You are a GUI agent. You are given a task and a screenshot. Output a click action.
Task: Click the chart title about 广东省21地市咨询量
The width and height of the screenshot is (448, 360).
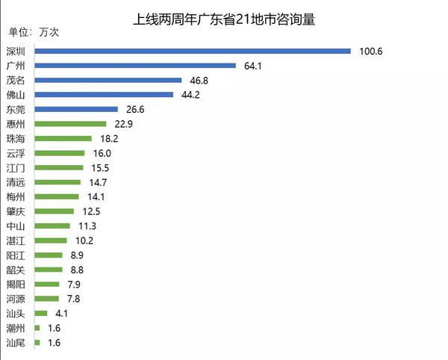(x=224, y=19)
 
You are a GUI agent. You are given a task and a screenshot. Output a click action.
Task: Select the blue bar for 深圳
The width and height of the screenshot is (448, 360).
(x=192, y=51)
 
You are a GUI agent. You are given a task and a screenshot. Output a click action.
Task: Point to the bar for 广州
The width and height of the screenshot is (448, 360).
(x=134, y=66)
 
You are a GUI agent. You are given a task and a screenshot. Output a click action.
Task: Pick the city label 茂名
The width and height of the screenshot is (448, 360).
(x=15, y=80)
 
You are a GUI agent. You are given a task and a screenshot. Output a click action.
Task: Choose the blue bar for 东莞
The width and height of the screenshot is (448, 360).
(x=75, y=109)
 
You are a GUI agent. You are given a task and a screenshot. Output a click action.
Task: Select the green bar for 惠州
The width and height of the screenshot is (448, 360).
(x=69, y=124)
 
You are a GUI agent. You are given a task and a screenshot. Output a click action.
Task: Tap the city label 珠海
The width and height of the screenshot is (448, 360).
(x=15, y=138)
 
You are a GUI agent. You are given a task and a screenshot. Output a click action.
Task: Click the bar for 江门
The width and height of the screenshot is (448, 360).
(x=58, y=167)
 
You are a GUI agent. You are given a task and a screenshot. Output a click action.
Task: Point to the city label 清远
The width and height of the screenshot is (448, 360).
(x=15, y=182)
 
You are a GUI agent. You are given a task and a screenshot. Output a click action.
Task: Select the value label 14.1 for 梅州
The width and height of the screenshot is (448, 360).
(x=95, y=196)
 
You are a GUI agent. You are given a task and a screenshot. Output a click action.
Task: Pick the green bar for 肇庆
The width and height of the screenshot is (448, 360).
(x=54, y=211)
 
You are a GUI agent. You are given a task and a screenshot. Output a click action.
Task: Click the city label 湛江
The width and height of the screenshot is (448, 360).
(x=15, y=240)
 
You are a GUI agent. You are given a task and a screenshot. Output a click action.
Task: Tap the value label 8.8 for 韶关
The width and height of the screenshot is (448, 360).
(x=76, y=270)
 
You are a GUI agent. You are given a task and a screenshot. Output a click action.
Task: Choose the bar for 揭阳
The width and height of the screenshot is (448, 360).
(x=46, y=284)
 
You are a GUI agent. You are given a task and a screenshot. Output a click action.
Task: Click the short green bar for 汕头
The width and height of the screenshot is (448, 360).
(x=40, y=313)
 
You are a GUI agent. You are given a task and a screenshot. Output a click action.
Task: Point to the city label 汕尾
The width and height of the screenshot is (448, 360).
(x=15, y=343)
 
